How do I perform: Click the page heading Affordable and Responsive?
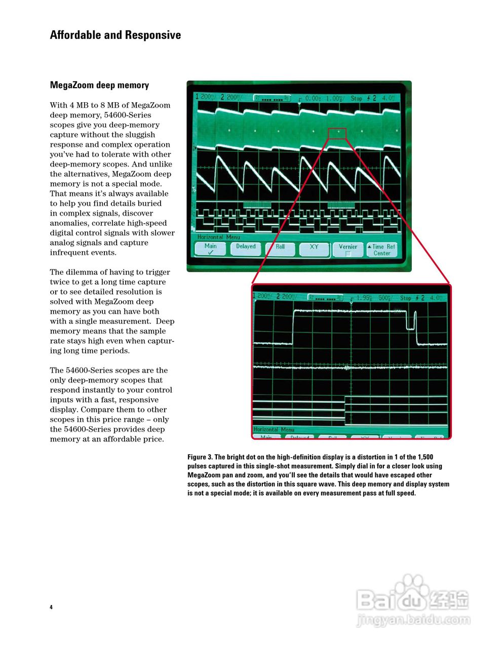tap(115, 35)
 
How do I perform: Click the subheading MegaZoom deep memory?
tap(99, 85)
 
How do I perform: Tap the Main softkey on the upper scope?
tap(211, 249)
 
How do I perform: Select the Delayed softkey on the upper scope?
tap(246, 249)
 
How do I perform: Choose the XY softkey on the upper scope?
tap(314, 249)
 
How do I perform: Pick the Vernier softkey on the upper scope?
tap(348, 249)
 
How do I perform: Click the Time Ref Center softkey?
tap(381, 250)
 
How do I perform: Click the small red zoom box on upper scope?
tap(337, 133)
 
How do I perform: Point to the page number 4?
tap(51, 607)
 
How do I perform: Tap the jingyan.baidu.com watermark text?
tap(413, 620)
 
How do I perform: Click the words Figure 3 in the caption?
tap(200, 457)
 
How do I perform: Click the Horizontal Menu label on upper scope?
tap(219, 237)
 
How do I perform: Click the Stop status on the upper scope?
tap(357, 98)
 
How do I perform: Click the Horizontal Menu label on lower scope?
tap(274, 429)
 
